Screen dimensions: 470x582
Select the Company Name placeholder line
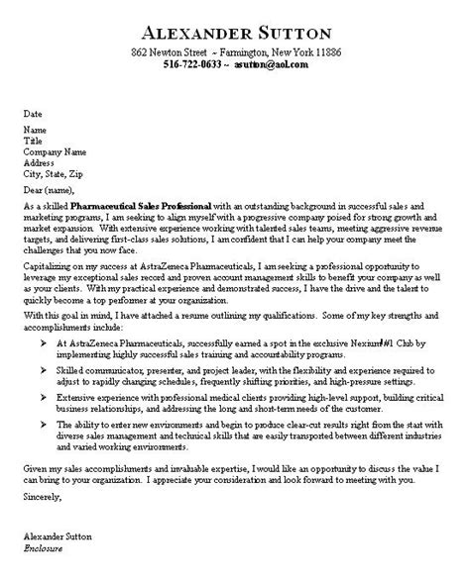pyautogui.click(x=51, y=151)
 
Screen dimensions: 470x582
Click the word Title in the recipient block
pyautogui.click(x=33, y=141)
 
